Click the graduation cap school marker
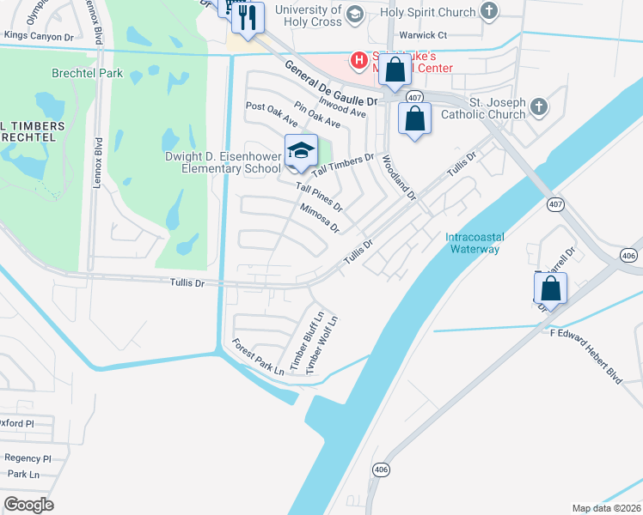click(x=301, y=152)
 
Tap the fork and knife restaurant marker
click(x=248, y=17)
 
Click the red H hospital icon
click(x=358, y=59)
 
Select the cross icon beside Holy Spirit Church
click(x=489, y=12)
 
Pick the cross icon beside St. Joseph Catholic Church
click(x=538, y=106)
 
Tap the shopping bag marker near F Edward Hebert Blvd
click(x=551, y=288)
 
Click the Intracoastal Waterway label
click(x=472, y=243)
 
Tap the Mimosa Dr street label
click(x=320, y=218)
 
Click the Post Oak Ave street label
click(x=271, y=113)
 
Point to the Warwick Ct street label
click(x=424, y=36)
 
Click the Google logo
click(x=28, y=504)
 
